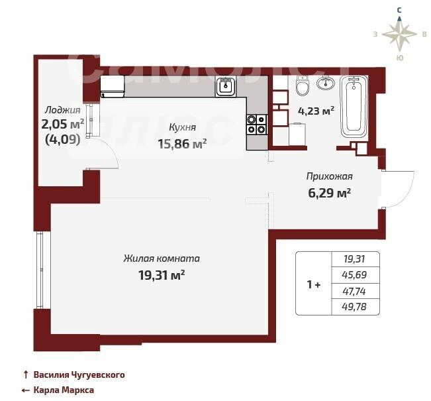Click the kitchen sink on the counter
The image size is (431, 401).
click(x=226, y=86)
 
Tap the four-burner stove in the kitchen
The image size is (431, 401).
click(x=257, y=125)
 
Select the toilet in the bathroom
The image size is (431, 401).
click(x=303, y=86)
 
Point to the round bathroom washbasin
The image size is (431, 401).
click(x=326, y=83)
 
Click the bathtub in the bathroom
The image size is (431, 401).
click(x=354, y=106)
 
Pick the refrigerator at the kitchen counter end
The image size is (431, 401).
click(x=112, y=87)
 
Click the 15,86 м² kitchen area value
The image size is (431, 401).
click(x=182, y=144)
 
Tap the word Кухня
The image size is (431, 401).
click(x=182, y=127)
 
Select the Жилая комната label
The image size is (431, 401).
click(x=162, y=258)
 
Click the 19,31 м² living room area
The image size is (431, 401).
click(x=162, y=274)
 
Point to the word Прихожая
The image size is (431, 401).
click(x=329, y=176)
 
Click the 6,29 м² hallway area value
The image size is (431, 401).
click(x=329, y=193)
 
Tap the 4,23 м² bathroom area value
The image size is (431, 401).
click(x=316, y=111)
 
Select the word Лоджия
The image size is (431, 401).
click(x=63, y=110)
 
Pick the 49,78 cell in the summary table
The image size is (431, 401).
click(x=354, y=306)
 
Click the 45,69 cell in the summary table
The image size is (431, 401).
click(x=355, y=274)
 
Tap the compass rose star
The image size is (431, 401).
click(x=399, y=34)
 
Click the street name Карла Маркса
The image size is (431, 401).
click(x=64, y=390)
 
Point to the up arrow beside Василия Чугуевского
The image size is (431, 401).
click(x=26, y=374)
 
